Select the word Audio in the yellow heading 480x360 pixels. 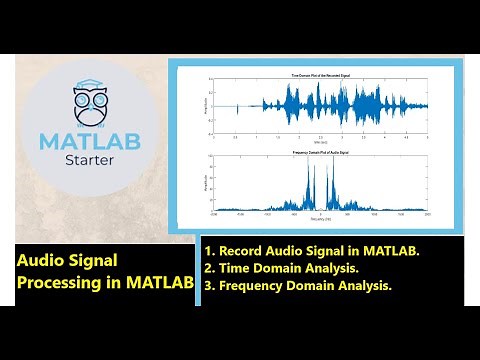42,259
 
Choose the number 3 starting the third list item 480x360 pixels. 209,286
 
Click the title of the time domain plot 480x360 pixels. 317,76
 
